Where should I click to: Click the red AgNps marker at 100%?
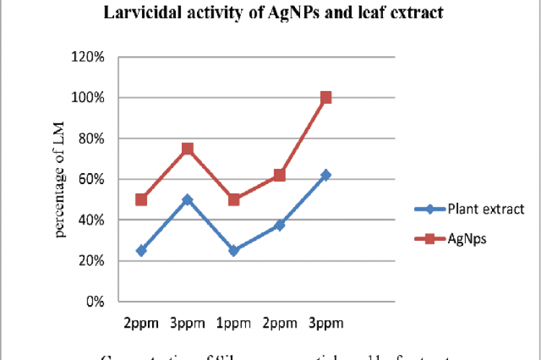[x=326, y=97]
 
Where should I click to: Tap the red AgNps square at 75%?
[x=188, y=149]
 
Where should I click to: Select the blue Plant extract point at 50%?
[x=188, y=199]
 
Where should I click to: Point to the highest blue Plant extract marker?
[x=326, y=175]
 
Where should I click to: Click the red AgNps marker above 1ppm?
[x=234, y=199]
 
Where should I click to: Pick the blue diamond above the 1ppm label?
[x=234, y=250]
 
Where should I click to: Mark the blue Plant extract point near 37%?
[x=280, y=225]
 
